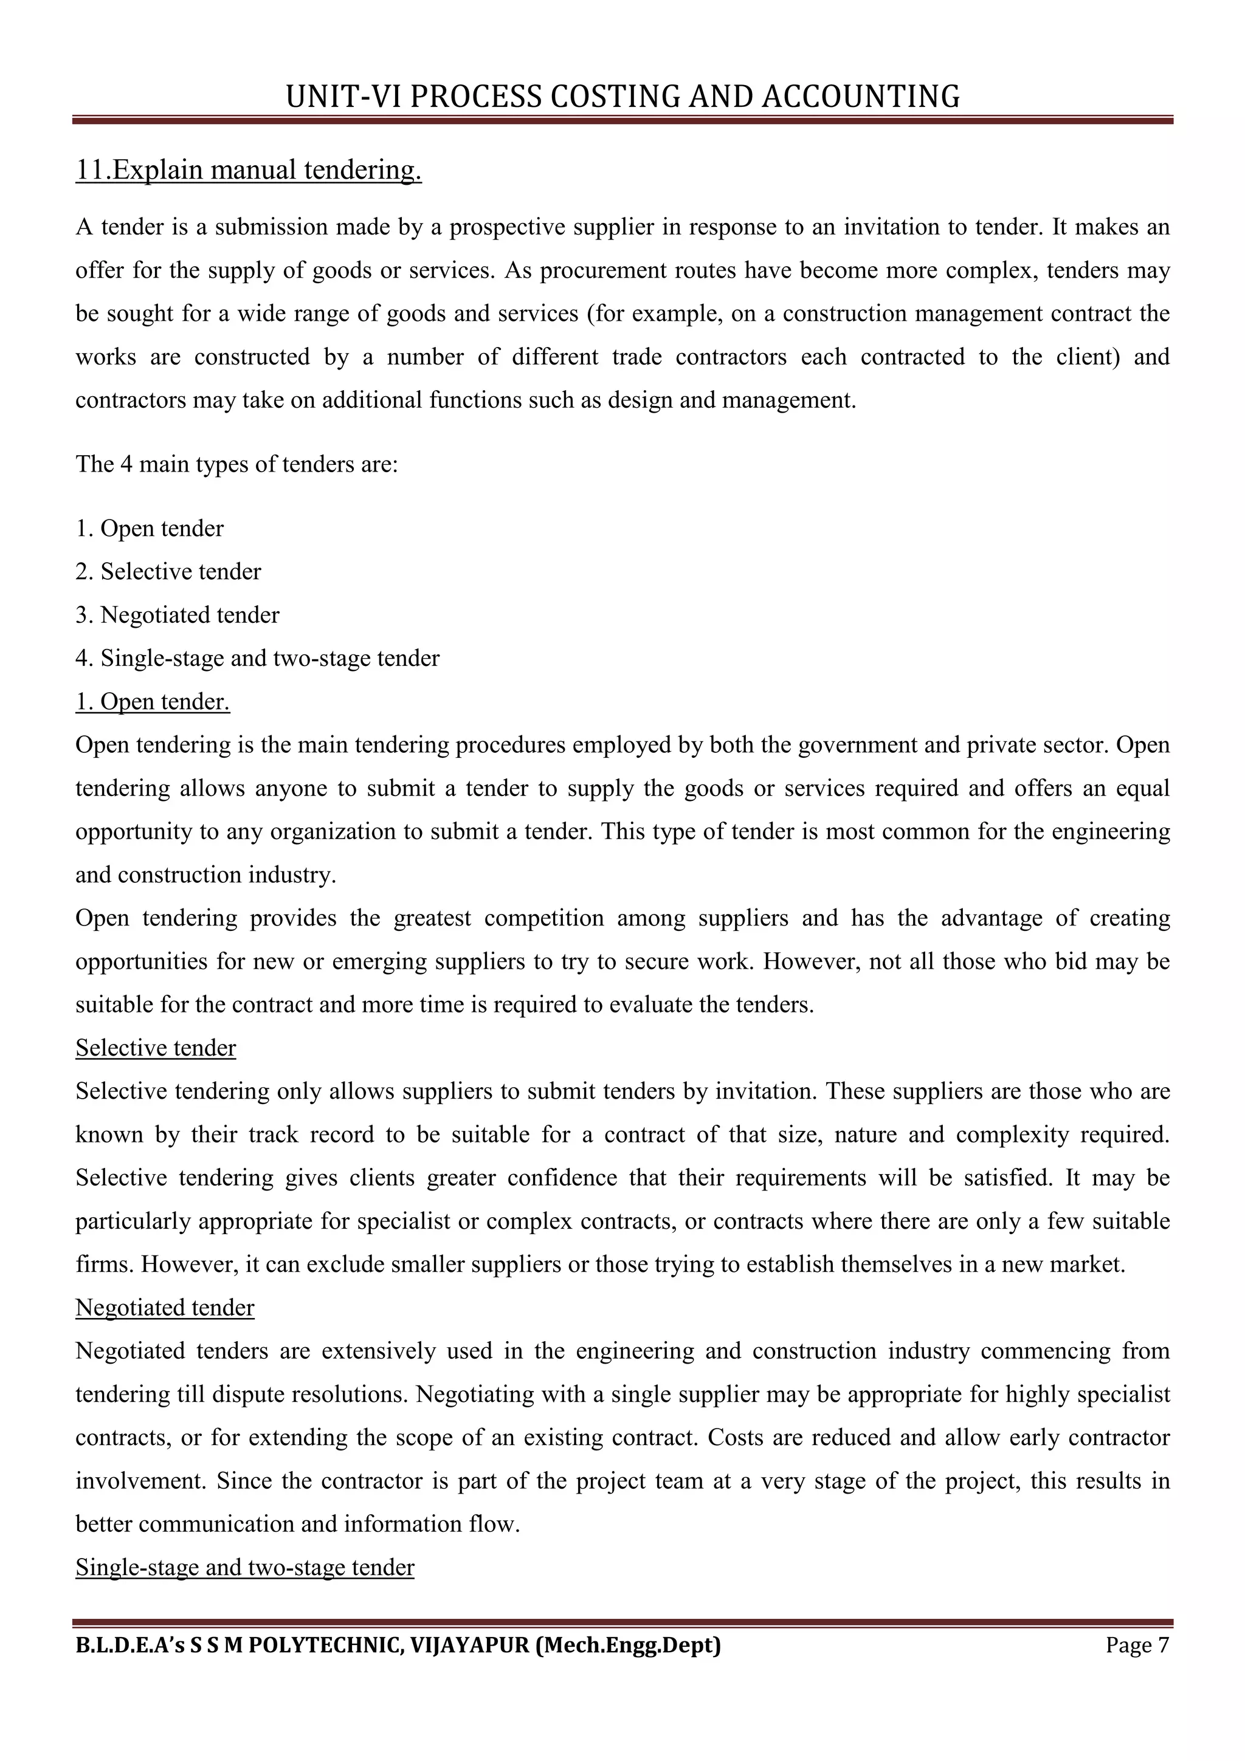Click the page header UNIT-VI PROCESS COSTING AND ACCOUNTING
622,97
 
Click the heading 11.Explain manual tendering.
249,170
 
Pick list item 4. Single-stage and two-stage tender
257,658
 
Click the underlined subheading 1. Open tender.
153,701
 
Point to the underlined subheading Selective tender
156,1048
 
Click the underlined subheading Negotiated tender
165,1308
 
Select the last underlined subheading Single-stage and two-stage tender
245,1567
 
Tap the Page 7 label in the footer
1137,1645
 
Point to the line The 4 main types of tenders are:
236,464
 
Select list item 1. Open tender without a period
150,529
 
